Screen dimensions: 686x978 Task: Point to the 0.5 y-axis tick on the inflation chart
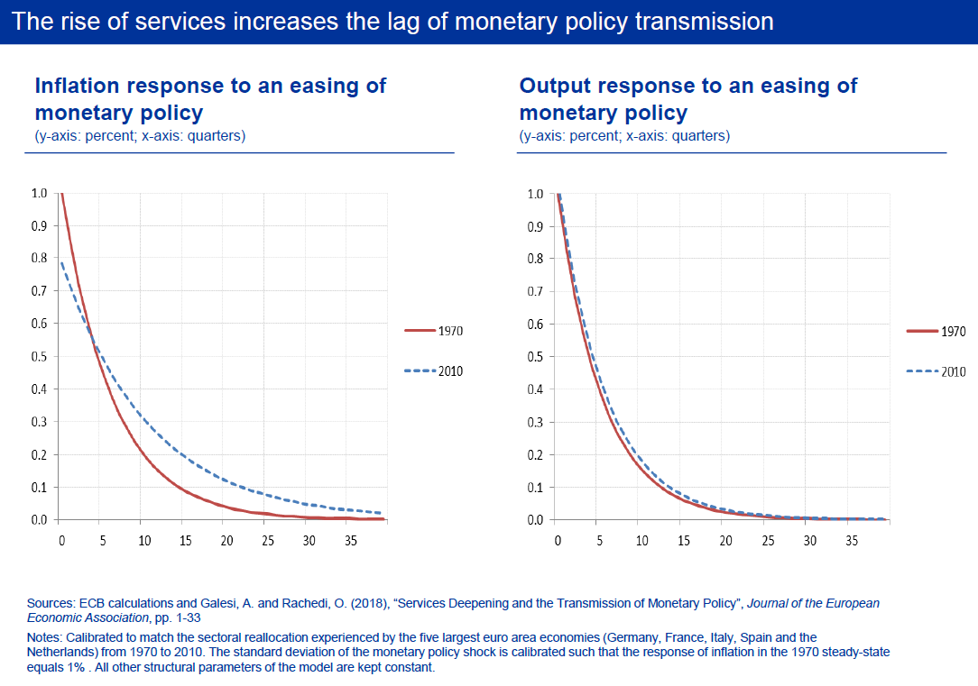[40, 357]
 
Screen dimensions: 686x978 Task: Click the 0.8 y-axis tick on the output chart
[536, 259]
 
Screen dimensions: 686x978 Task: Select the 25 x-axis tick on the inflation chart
[268, 541]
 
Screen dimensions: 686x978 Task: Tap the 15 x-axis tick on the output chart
[684, 541]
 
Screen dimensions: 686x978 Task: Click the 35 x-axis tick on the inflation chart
[350, 541]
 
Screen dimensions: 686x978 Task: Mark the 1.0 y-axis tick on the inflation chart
[40, 194]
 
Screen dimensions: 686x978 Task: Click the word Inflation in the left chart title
[77, 86]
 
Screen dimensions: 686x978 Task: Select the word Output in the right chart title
[555, 86]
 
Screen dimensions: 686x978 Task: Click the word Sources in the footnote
[48, 603]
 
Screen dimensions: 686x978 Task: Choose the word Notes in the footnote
[44, 637]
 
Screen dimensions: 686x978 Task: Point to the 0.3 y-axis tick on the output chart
[536, 423]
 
